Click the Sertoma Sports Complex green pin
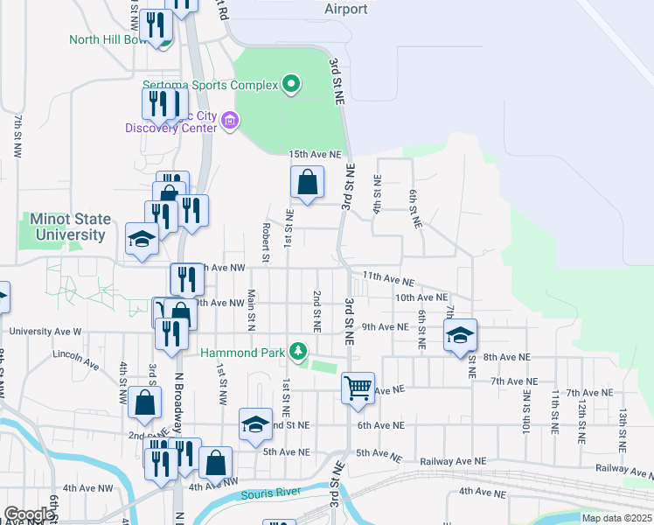[x=291, y=85]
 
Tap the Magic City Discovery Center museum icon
[x=230, y=120]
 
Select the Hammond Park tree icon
[x=299, y=352]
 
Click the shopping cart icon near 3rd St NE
[x=358, y=387]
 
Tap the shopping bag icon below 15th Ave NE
[x=307, y=183]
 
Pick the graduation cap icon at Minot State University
[x=142, y=240]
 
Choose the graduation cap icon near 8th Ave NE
[x=461, y=334]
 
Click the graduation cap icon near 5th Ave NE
[x=254, y=425]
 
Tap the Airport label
[x=345, y=9]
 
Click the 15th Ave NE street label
[x=315, y=154]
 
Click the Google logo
[x=28, y=514]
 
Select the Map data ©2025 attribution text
[x=616, y=518]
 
